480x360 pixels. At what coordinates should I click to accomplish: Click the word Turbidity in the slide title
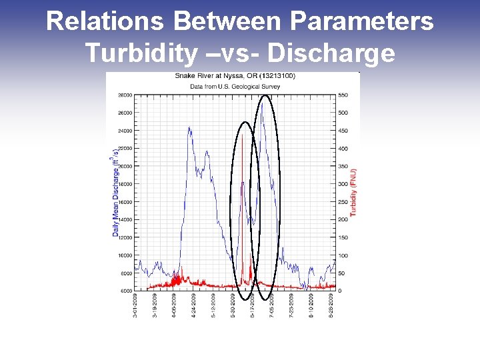(139, 52)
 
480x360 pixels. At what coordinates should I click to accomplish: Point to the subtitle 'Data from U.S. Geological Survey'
(235, 86)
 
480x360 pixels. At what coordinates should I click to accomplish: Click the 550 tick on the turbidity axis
(343, 95)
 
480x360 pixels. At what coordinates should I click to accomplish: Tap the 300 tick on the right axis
(343, 184)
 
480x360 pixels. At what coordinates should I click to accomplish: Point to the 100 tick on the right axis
(343, 255)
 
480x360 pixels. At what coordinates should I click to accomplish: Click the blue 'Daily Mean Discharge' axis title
(115, 193)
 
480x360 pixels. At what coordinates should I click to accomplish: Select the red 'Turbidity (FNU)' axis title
(353, 192)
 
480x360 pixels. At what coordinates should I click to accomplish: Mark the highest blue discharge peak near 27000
(262, 103)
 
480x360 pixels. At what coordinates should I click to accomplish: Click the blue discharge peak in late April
(189, 128)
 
